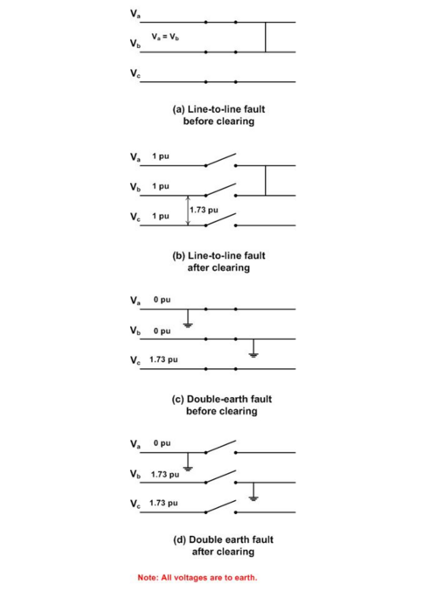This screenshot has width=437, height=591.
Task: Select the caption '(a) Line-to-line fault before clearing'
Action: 218,115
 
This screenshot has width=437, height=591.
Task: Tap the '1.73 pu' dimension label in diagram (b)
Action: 204,210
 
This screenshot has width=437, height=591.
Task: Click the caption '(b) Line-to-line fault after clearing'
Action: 218,261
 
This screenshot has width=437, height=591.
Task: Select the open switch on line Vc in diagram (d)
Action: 220,505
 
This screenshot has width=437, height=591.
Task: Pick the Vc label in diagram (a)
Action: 134,74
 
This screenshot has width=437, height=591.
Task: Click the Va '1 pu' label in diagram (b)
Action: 160,156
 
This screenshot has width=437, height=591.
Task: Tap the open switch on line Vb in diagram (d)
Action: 220,476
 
